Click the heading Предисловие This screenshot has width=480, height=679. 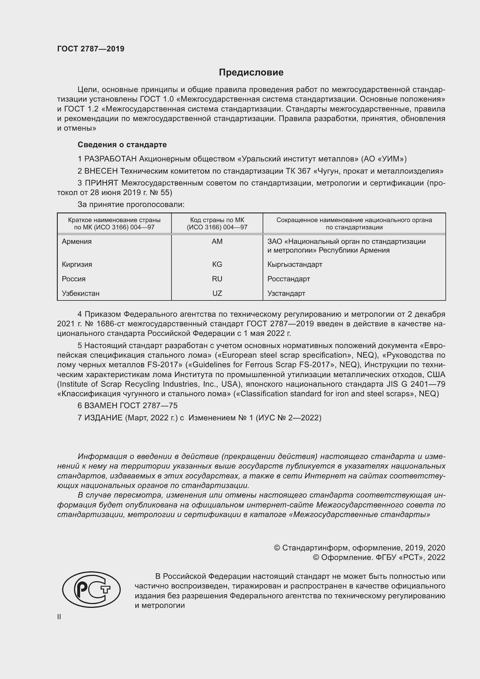251,73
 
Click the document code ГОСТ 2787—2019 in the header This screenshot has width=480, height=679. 91,49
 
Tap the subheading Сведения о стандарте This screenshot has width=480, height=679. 122,145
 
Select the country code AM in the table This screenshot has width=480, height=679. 217,242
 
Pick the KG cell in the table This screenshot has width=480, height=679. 217,264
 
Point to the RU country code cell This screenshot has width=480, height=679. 217,279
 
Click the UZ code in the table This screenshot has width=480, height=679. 217,293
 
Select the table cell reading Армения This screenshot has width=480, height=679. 77,242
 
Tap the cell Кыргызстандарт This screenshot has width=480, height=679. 295,264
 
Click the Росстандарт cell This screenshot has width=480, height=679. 288,279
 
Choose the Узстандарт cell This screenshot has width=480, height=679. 286,293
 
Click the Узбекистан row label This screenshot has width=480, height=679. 80,293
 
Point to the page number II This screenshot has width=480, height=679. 59,617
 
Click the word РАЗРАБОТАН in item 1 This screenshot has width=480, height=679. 111,159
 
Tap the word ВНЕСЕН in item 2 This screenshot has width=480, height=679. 101,171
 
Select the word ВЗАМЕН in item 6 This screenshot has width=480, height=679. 101,406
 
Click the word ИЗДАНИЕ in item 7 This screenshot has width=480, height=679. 103,417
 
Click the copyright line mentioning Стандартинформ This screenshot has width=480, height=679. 359,548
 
